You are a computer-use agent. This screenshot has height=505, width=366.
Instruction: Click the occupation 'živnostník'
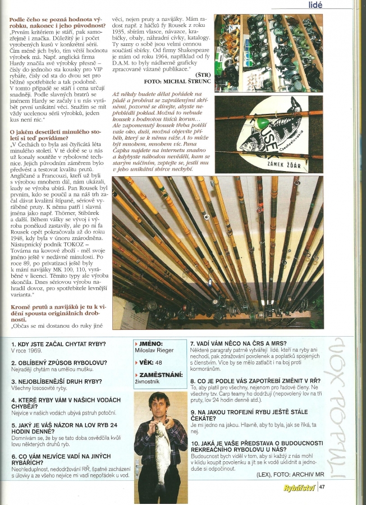149,382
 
